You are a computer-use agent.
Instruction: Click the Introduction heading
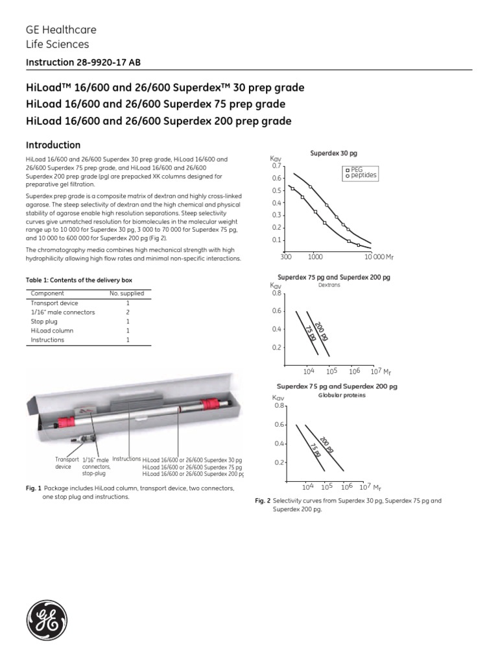[53, 145]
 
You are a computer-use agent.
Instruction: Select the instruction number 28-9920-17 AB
[82, 62]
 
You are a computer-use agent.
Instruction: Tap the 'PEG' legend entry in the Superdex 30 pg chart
[356, 169]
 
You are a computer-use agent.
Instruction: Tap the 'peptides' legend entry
[363, 175]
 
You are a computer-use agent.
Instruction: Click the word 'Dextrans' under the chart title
[329, 284]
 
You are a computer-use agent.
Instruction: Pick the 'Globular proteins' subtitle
[338, 394]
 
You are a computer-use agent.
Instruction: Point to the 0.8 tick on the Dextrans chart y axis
[277, 293]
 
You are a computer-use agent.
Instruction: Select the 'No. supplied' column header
[127, 294]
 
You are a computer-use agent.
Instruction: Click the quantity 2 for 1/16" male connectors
[128, 312]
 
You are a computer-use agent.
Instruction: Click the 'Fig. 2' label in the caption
[262, 502]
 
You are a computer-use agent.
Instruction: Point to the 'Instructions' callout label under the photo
[126, 458]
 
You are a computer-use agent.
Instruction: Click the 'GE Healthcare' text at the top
[57, 31]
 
